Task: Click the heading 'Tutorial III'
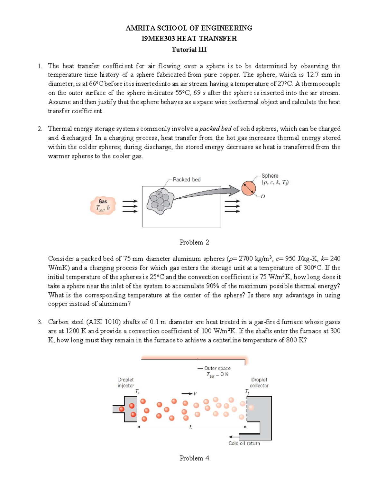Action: point(189,50)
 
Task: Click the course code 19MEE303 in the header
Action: point(158,39)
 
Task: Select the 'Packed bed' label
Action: point(187,179)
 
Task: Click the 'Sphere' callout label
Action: point(270,176)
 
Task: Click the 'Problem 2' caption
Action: point(194,242)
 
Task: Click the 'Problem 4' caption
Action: point(194,458)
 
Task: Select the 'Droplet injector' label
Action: point(126,382)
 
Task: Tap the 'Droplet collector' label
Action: point(259,382)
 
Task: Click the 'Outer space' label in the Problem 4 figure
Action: point(217,368)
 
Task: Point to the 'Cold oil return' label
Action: point(244,443)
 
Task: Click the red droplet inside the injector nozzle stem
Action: point(121,409)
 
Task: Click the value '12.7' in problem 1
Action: point(312,75)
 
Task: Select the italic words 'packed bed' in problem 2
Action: point(215,129)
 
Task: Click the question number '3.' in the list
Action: point(40,322)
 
